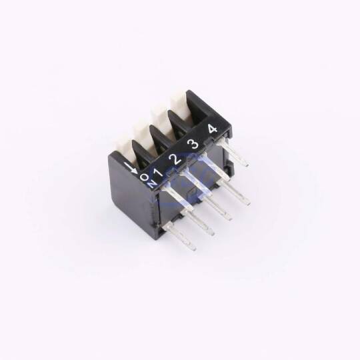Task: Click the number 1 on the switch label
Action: [158, 172]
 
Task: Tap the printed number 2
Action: [176, 159]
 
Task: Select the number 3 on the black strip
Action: [193, 144]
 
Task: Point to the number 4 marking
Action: [212, 129]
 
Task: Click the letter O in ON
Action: [145, 177]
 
